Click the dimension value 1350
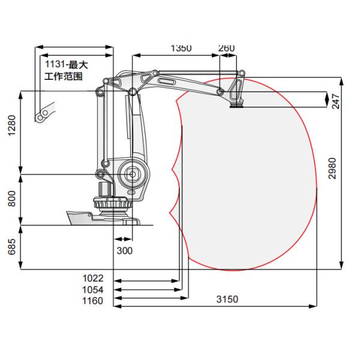click(181, 48)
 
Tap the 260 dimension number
click(226, 48)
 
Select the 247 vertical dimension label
click(335, 101)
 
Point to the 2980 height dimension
click(332, 168)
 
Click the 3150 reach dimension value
click(227, 299)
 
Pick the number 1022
click(93, 278)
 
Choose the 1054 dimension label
click(93, 290)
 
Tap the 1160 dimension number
click(93, 301)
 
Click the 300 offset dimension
click(125, 251)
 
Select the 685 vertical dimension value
click(12, 247)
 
